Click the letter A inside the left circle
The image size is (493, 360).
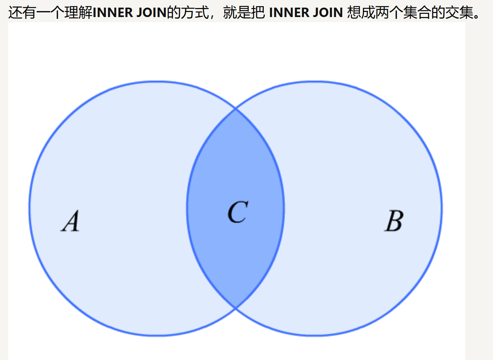71,221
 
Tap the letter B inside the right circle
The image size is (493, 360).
394,221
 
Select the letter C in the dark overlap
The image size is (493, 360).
238,212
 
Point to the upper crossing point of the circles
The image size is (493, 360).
236,108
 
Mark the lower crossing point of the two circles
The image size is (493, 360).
236,308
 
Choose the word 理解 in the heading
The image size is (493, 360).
79,13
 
